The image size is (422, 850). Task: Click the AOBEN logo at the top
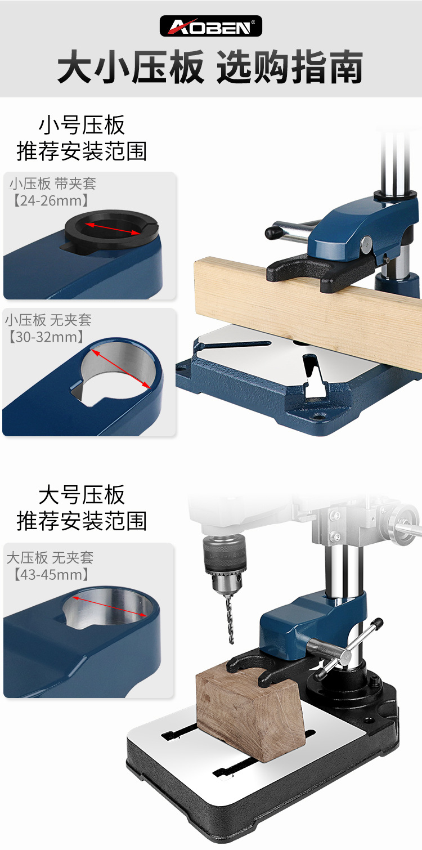(210, 26)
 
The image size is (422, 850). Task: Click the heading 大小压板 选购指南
(210, 69)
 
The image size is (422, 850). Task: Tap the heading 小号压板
(82, 125)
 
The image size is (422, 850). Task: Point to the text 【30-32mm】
(46, 337)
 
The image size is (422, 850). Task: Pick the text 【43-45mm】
(48, 575)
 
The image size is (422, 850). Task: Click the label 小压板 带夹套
(53, 184)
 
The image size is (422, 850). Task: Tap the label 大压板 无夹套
(50, 558)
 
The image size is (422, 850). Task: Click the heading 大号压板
(82, 495)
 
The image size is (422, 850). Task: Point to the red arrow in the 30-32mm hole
(120, 369)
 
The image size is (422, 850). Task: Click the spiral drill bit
(230, 619)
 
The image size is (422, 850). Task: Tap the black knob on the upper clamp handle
(273, 232)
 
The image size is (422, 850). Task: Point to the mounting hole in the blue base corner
(319, 418)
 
